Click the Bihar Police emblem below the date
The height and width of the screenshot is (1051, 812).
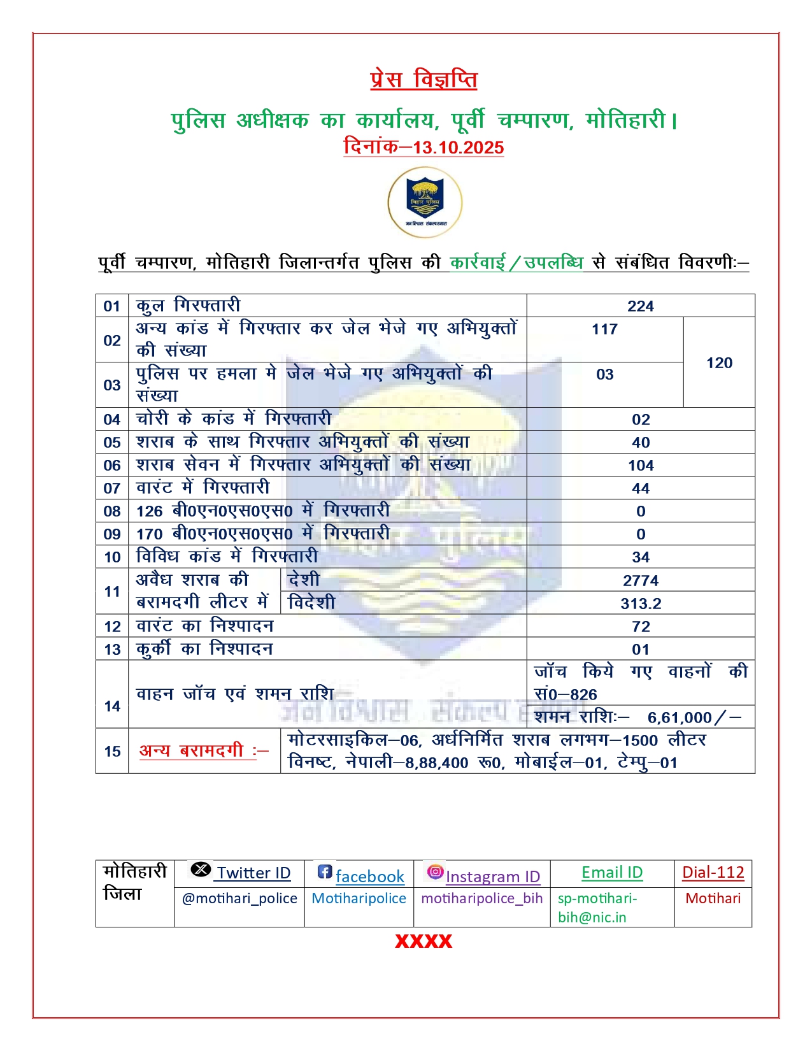(x=425, y=203)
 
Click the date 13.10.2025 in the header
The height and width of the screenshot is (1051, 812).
(x=458, y=147)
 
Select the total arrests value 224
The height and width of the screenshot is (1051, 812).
(x=640, y=306)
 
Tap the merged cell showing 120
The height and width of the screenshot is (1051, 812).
(x=719, y=362)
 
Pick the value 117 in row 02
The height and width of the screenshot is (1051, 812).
(x=604, y=329)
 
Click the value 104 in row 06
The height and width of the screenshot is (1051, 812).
(x=641, y=466)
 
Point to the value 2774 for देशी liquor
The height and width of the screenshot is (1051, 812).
(x=641, y=580)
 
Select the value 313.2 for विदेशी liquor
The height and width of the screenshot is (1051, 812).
(x=641, y=603)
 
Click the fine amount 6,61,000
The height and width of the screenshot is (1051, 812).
(x=680, y=717)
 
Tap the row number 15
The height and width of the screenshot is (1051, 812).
(x=112, y=751)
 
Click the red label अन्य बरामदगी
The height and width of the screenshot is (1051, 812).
(x=203, y=750)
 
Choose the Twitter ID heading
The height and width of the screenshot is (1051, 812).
(x=253, y=873)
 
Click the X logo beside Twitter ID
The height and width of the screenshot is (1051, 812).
(x=201, y=869)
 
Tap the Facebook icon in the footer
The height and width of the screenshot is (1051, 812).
(x=325, y=871)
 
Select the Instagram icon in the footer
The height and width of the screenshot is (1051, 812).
(x=435, y=871)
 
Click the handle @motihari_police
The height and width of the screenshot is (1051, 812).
(x=239, y=898)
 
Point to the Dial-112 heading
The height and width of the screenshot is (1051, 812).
(x=713, y=872)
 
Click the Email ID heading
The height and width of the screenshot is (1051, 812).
(x=612, y=872)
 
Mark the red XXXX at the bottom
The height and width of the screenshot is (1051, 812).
(x=424, y=941)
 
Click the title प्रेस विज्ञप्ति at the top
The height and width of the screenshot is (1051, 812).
(x=424, y=80)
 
